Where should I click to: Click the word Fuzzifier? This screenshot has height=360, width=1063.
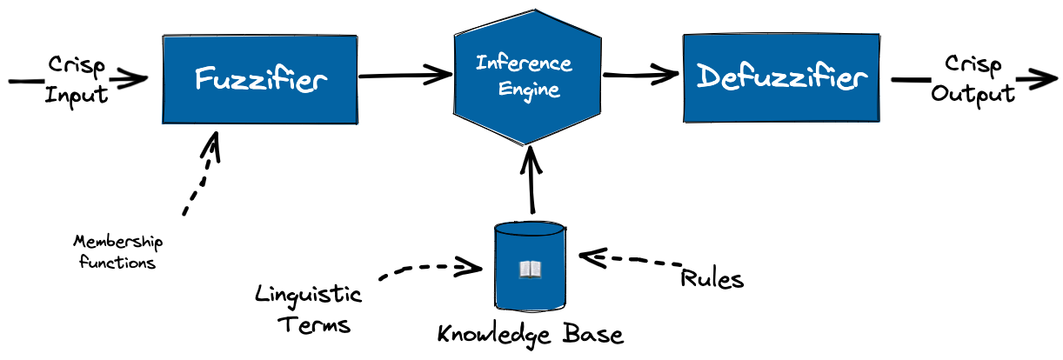pos(260,79)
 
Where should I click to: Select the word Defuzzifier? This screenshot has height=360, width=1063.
pos(782,77)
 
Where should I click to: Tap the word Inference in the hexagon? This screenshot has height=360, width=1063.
pos(524,63)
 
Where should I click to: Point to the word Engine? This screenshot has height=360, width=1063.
pos(529,89)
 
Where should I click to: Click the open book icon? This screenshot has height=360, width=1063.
pos(530,270)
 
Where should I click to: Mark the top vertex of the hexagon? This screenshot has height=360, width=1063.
pos(534,10)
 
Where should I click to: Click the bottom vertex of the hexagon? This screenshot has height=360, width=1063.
pos(524,143)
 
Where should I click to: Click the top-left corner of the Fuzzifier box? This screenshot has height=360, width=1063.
pos(165,37)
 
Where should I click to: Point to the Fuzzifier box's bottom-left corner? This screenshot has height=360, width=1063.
pos(164,122)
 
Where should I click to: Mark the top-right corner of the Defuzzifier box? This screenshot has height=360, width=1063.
pos(878,35)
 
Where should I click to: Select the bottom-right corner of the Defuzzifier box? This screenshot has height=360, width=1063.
pos(878,120)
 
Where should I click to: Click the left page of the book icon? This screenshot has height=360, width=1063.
pos(525,270)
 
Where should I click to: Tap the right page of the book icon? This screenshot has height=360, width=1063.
pos(535,270)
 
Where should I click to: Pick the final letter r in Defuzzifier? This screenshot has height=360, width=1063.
pos(861,79)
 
